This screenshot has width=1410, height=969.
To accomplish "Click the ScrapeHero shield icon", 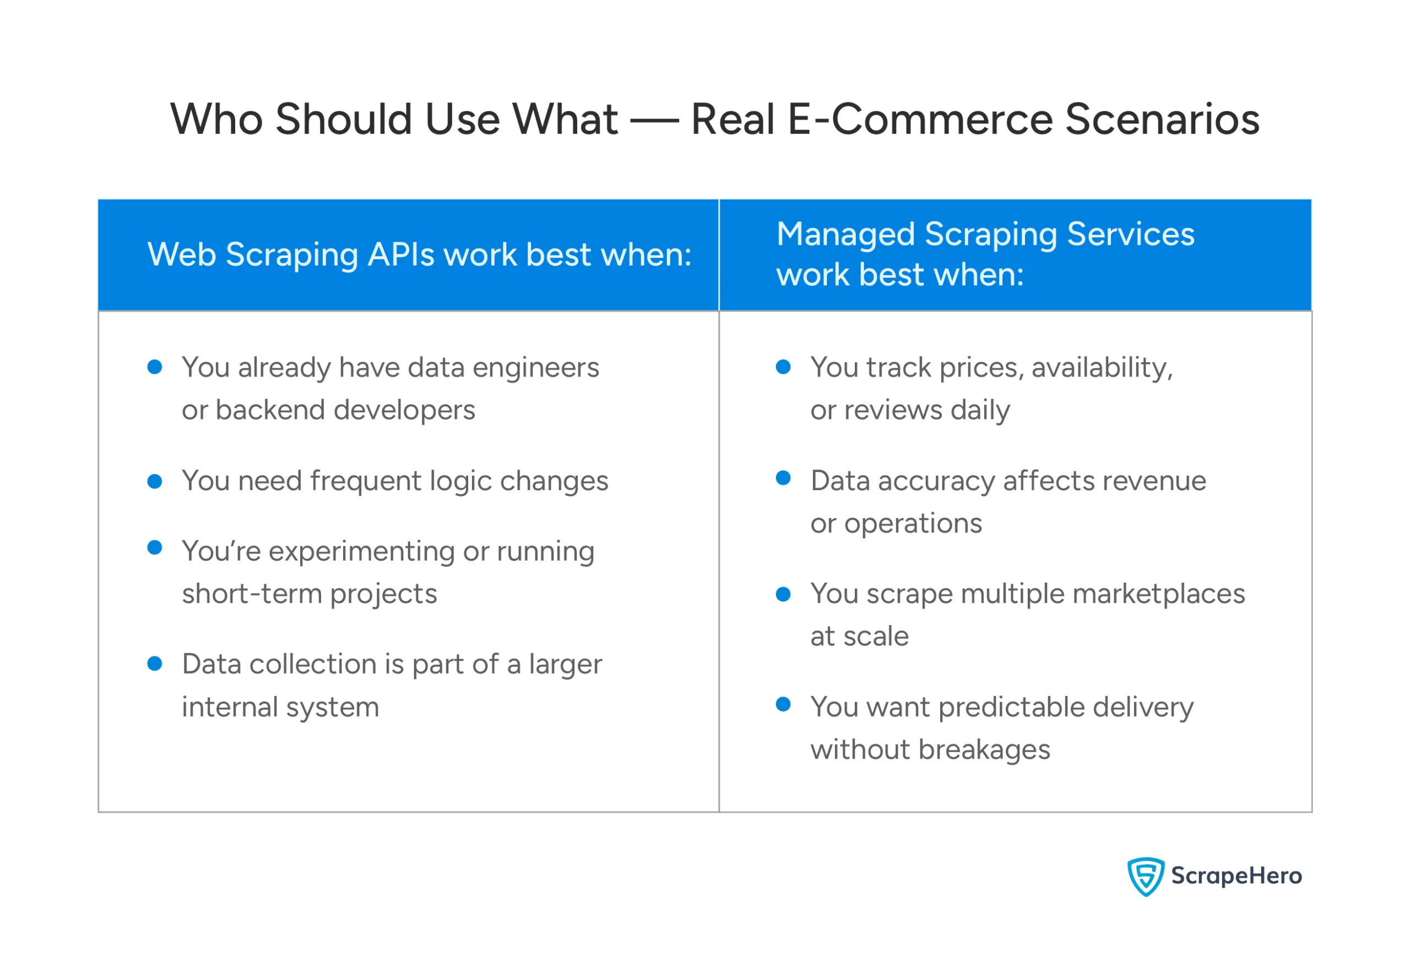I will click(1145, 876).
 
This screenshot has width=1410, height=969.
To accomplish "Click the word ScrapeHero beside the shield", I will click(1236, 875).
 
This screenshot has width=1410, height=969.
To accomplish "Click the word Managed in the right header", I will click(845, 234).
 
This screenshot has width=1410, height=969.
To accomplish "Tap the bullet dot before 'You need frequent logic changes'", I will click(155, 481).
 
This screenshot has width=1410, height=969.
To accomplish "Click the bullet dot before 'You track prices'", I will click(783, 367).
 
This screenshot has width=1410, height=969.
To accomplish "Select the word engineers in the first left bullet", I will click(536, 368).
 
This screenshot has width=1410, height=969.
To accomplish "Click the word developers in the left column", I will click(405, 411).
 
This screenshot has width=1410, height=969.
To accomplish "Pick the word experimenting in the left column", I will click(362, 552).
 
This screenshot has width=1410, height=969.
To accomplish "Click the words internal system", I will click(280, 707).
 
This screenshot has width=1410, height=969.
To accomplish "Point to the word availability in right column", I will click(1102, 368).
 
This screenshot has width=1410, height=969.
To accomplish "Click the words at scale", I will click(859, 636).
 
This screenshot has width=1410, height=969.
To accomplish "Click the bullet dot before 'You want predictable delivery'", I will click(783, 704).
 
